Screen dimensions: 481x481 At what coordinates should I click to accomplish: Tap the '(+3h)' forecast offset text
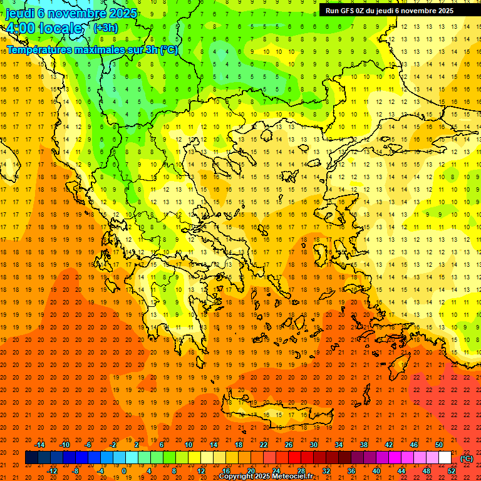click(105, 28)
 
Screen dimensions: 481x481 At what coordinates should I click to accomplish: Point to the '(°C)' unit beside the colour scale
click(467, 458)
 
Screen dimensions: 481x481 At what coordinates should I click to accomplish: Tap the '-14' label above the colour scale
click(39, 445)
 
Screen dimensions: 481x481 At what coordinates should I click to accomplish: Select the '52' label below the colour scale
click(452, 471)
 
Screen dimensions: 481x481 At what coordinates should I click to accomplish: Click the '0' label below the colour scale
click(124, 471)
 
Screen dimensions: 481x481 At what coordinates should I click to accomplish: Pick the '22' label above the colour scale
click(263, 445)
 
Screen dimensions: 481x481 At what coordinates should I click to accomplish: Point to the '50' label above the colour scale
click(439, 445)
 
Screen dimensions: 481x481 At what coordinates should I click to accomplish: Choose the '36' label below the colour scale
click(351, 471)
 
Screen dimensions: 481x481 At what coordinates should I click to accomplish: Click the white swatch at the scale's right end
click(445, 458)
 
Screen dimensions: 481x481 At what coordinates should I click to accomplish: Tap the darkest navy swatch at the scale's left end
click(31, 458)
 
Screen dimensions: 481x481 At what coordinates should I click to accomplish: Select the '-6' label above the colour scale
click(88, 445)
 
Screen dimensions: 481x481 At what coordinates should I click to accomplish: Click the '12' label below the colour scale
click(200, 471)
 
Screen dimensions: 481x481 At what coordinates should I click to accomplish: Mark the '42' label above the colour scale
click(389, 445)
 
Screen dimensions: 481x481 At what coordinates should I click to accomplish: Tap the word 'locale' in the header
click(60, 28)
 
